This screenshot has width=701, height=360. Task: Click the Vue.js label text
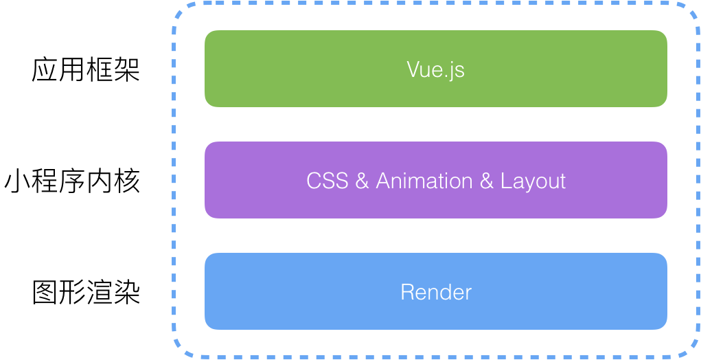tap(435, 69)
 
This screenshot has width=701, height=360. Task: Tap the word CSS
tap(327, 181)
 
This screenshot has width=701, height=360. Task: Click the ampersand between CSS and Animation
tap(363, 181)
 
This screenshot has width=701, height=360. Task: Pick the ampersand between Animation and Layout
tap(486, 181)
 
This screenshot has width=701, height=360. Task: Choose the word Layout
tap(533, 181)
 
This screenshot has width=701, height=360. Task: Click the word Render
tap(436, 292)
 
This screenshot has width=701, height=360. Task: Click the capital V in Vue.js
tap(413, 69)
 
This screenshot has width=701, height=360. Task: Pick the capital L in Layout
tap(505, 181)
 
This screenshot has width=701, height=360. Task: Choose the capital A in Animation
tap(383, 181)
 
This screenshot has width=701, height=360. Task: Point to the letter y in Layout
tap(527, 184)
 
